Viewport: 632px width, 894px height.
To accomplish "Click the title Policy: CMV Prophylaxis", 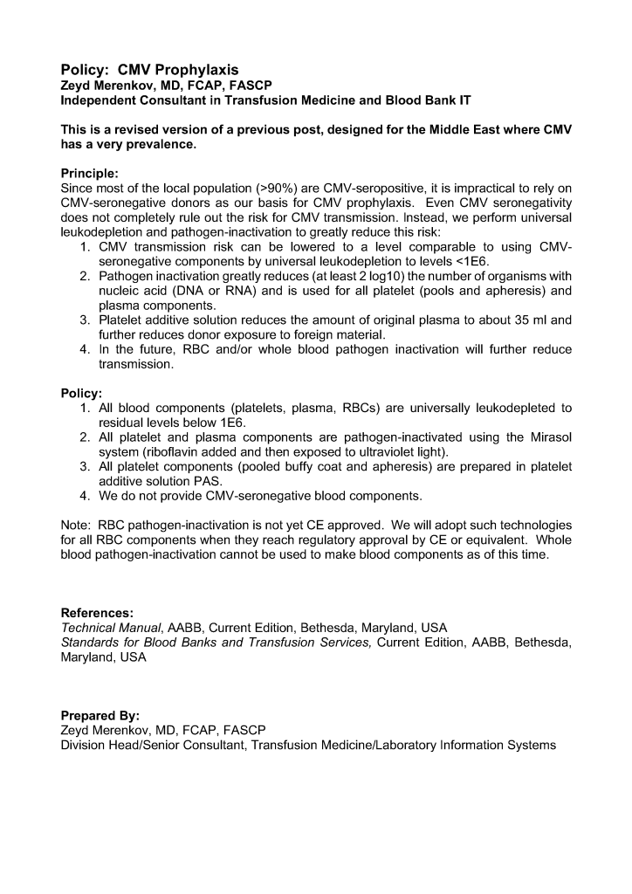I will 149,70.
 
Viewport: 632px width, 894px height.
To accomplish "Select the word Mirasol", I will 548,437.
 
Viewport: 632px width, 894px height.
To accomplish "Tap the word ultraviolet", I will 388,451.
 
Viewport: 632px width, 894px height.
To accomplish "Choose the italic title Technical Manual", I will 111,628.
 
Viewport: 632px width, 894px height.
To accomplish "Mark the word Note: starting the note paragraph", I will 77,525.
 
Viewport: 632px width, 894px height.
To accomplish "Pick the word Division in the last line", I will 85,745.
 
